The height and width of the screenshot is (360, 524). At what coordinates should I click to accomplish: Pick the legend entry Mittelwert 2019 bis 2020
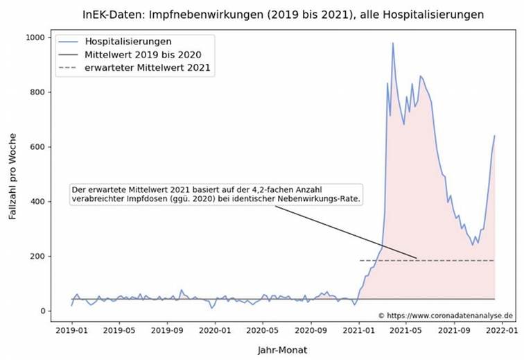coord(142,54)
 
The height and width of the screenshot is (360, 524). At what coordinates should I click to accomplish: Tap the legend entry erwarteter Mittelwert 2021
coord(147,67)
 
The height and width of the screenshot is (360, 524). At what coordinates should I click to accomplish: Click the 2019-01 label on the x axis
coord(72,324)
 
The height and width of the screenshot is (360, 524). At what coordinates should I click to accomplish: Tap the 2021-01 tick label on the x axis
coord(358,324)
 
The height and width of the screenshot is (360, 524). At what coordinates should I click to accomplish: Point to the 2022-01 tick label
coord(501,324)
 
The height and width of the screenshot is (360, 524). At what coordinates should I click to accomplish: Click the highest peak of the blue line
coord(393,43)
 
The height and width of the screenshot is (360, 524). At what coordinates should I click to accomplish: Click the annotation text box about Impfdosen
coord(218,194)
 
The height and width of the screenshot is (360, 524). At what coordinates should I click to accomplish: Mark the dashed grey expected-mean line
coord(451,261)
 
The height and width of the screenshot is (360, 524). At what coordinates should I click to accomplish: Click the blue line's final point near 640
coord(495,136)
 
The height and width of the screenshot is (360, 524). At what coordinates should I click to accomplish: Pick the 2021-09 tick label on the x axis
coord(454,324)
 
